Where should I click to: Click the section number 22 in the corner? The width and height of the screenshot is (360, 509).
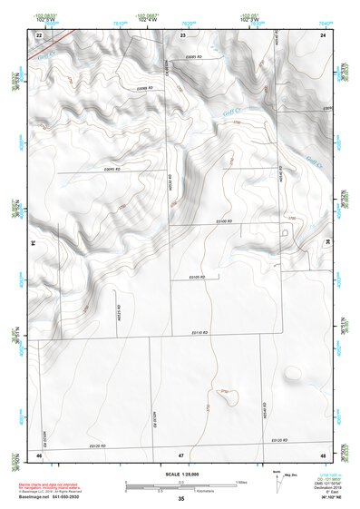point(39,34)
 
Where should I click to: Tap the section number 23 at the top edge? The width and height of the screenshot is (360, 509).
point(182,34)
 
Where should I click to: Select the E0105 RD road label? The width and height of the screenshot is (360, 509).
point(210,276)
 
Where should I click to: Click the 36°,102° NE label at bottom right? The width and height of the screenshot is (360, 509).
point(319,498)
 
